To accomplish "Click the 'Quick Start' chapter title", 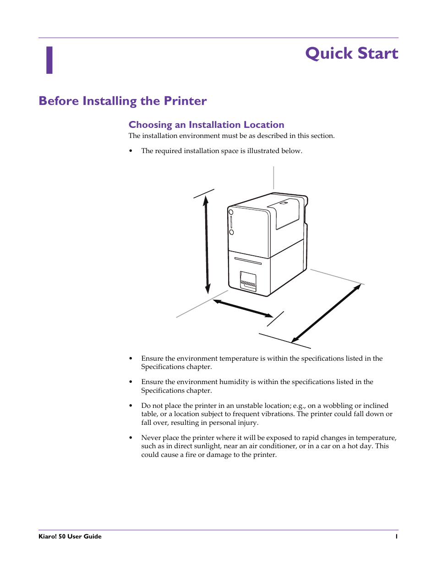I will point(351,54).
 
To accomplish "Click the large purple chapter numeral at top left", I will point(49,60).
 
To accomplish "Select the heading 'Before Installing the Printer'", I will point(123,101).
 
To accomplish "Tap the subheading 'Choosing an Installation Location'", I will point(206,125).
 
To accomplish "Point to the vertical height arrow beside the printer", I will point(207,245).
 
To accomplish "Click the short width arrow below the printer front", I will point(243,308).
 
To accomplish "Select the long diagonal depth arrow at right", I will point(326,313).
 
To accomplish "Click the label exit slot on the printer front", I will point(248,282).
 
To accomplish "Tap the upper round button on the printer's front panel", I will point(231,212).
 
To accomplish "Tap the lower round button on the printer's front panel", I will point(231,232).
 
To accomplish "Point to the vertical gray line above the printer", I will point(273,177).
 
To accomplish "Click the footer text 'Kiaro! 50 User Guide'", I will point(70,536).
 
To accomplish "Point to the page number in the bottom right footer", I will point(396,536).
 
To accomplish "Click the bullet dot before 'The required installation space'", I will point(131,151).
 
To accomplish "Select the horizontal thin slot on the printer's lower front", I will point(248,261).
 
